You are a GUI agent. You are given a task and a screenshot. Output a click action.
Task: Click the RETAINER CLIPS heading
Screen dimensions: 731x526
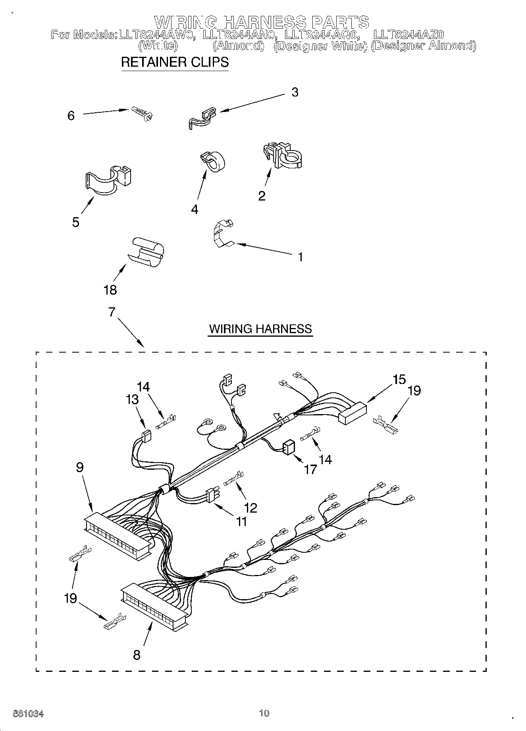[x=175, y=62]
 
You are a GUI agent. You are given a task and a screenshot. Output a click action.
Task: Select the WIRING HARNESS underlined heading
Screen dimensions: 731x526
[x=260, y=329]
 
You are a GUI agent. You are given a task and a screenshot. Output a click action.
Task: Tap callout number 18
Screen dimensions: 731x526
[x=110, y=290]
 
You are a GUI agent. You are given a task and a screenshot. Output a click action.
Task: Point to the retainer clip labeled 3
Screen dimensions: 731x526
[x=202, y=117]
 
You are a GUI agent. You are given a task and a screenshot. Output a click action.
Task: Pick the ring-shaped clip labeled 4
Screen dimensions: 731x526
[x=214, y=162]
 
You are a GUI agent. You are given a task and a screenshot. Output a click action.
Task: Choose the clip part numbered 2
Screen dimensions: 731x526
[x=283, y=156]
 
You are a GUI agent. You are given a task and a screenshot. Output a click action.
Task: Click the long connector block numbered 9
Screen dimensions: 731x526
[x=118, y=536]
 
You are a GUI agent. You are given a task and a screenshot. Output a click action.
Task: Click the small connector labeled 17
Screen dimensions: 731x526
[x=288, y=448]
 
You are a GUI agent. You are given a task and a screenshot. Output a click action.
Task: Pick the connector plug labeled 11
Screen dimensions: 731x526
[x=213, y=496]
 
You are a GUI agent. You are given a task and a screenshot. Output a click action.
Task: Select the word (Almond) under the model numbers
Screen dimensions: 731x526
[x=238, y=46]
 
